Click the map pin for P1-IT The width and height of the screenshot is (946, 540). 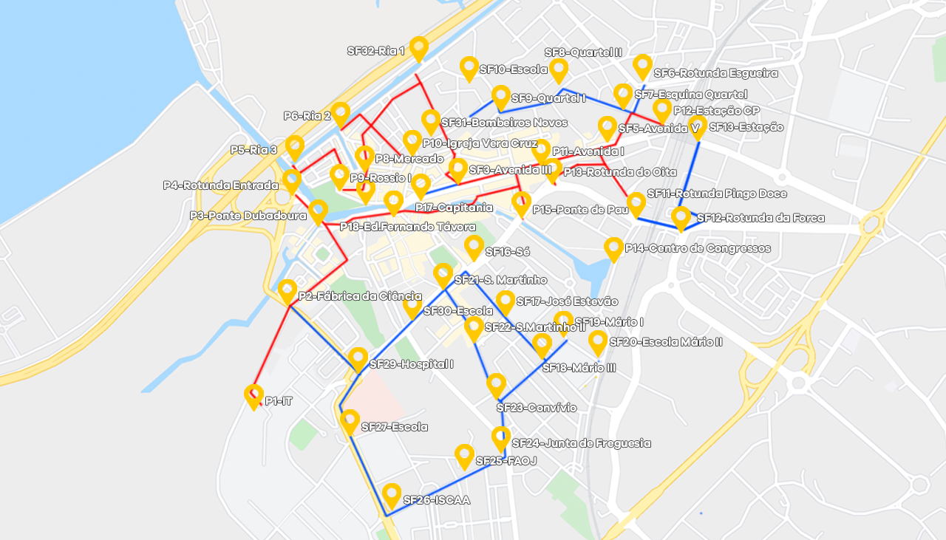click(253, 396)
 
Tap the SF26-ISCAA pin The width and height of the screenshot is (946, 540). click(392, 494)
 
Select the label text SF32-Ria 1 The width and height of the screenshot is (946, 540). click(376, 51)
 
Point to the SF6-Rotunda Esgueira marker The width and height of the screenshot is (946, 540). click(642, 66)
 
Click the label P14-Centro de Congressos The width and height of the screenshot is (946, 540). click(698, 248)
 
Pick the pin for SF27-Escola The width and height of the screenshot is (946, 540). click(350, 421)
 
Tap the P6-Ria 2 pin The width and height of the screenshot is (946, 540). click(340, 113)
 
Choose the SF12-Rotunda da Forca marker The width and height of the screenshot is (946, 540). click(681, 217)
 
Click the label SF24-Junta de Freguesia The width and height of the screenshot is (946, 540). click(581, 443)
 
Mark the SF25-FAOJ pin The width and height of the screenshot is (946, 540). click(464, 455)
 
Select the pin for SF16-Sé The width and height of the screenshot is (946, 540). click(474, 247)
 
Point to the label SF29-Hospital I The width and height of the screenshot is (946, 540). click(411, 364)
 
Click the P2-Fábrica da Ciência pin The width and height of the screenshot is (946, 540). click(287, 290)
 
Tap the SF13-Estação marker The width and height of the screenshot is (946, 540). click(698, 126)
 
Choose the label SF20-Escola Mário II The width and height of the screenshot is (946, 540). click(665, 342)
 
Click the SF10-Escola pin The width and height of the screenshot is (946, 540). click(469, 68)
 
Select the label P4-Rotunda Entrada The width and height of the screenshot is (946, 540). click(220, 185)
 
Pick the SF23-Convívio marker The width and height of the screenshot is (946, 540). click(496, 385)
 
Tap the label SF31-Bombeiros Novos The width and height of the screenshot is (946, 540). click(504, 123)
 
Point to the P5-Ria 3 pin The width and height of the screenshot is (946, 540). click(294, 147)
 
